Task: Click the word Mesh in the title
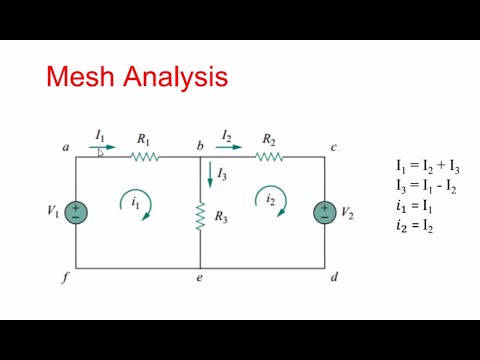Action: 82,77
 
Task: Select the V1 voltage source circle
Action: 76,212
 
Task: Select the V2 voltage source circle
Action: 324,212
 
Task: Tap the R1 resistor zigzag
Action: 145,156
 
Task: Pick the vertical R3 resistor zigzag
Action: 200,215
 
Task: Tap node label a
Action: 65,148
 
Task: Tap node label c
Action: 333,148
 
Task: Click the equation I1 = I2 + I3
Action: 427,166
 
